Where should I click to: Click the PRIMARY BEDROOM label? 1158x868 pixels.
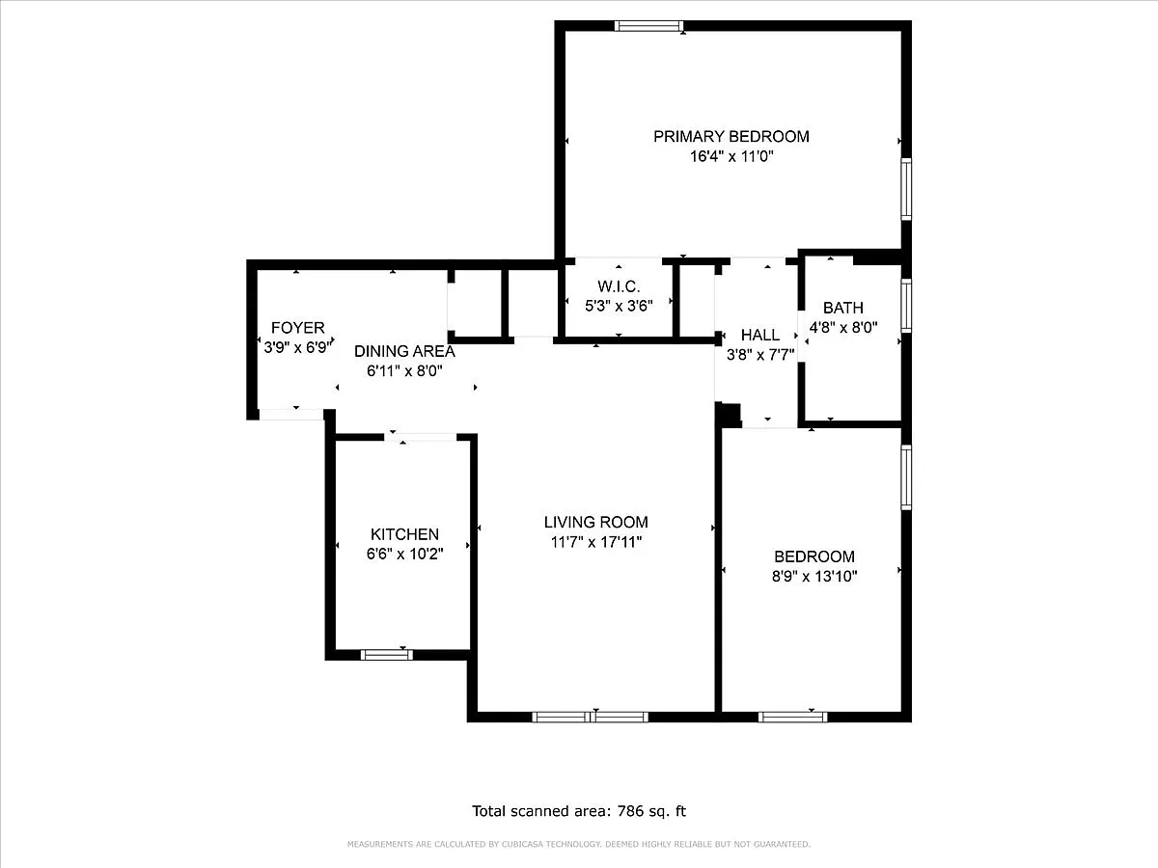pyautogui.click(x=731, y=137)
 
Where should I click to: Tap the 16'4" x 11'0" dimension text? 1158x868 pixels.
pyautogui.click(x=731, y=156)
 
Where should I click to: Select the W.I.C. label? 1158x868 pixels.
pyautogui.click(x=619, y=286)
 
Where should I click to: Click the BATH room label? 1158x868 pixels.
pyautogui.click(x=843, y=308)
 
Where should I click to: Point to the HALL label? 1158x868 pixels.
pyautogui.click(x=759, y=336)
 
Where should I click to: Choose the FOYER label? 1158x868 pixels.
pyautogui.click(x=297, y=328)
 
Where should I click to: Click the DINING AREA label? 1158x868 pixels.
pyautogui.click(x=404, y=351)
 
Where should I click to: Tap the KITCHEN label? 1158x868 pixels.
pyautogui.click(x=404, y=534)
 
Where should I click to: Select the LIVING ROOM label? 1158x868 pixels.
pyautogui.click(x=596, y=523)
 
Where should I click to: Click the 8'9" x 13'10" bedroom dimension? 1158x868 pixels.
pyautogui.click(x=814, y=577)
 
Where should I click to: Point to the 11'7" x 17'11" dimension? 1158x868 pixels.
pyautogui.click(x=596, y=542)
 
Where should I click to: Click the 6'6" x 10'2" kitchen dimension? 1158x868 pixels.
pyautogui.click(x=404, y=555)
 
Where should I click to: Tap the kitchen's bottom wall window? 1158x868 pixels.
pyautogui.click(x=387, y=655)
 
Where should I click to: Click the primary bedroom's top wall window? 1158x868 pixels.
pyautogui.click(x=648, y=26)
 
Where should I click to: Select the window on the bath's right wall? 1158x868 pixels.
pyautogui.click(x=906, y=306)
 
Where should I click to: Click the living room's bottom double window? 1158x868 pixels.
pyautogui.click(x=590, y=717)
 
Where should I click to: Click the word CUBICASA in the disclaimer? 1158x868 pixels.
pyautogui.click(x=522, y=844)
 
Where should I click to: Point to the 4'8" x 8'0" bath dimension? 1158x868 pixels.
pyautogui.click(x=843, y=328)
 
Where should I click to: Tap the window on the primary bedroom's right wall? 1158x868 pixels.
pyautogui.click(x=906, y=189)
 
